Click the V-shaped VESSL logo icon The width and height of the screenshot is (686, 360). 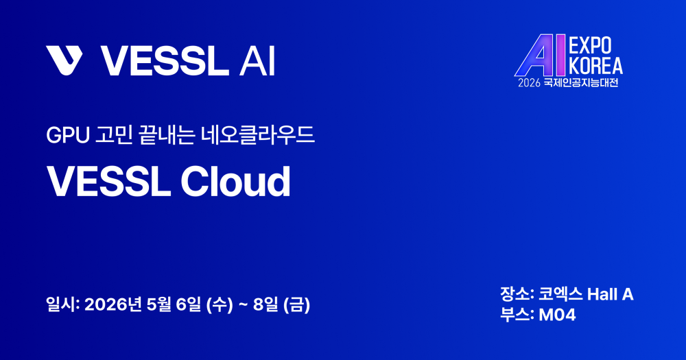[x=64, y=60]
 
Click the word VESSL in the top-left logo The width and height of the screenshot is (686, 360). [x=165, y=61]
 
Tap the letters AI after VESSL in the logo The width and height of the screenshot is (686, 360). [x=257, y=61]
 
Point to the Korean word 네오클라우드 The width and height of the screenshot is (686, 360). [x=258, y=134]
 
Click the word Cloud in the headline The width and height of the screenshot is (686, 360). [x=235, y=181]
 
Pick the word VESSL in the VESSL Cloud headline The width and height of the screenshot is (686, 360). [x=108, y=181]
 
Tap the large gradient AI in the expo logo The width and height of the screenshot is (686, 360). [x=541, y=55]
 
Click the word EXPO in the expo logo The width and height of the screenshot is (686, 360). [x=590, y=45]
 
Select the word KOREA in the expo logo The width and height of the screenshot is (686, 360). [x=595, y=65]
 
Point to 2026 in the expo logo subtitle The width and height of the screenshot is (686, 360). [x=530, y=83]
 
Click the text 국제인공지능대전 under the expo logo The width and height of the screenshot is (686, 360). [x=581, y=83]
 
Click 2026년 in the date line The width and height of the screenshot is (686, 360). [x=113, y=304]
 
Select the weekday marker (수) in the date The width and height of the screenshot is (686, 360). [x=220, y=305]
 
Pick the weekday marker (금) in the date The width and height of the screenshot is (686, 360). [x=296, y=305]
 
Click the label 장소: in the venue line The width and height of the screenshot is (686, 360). [x=517, y=294]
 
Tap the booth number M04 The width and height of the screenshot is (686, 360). [x=557, y=315]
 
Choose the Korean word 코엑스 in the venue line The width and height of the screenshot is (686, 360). [x=560, y=294]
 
